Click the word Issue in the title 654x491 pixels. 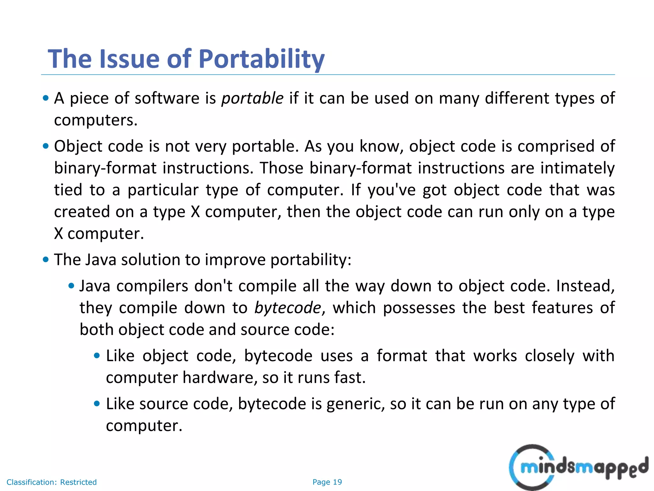coord(129,59)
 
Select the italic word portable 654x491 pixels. coord(252,98)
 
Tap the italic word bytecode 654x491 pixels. coord(288,308)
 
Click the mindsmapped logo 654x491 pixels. coord(578,467)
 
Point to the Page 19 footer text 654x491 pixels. coord(327,482)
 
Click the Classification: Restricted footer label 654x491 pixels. coord(51,482)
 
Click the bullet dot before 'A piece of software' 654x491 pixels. coord(46,98)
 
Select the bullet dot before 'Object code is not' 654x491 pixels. coord(46,146)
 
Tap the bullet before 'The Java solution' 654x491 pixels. coord(46,259)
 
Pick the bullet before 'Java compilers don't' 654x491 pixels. coord(72,285)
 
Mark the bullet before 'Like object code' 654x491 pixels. coord(97,355)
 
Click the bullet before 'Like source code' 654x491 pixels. coord(97,403)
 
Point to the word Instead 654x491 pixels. coord(585,286)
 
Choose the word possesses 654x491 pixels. coord(419,308)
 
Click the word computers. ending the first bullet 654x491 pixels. coord(95,121)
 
